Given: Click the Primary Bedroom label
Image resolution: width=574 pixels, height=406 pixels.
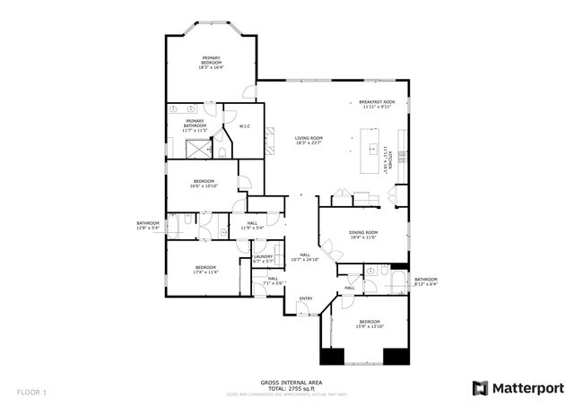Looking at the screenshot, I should (x=212, y=59).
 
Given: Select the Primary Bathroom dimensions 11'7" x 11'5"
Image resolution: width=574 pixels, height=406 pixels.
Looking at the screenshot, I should (x=196, y=131).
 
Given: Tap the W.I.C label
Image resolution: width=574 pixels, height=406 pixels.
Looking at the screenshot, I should (x=244, y=126).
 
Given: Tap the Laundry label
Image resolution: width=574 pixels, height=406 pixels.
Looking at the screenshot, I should (x=263, y=257).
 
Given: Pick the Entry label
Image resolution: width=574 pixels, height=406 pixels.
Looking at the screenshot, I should (x=306, y=298).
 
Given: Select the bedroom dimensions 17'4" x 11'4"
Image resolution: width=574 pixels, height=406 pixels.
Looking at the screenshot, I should (x=206, y=272).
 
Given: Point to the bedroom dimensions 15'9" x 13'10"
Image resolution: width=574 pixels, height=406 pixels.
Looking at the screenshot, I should (x=370, y=326).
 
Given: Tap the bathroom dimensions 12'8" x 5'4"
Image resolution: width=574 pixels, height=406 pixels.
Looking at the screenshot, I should (x=148, y=228).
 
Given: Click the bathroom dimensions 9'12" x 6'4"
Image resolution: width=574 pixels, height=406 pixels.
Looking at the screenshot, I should (x=425, y=284).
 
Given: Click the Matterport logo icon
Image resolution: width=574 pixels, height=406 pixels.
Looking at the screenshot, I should (x=481, y=387).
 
